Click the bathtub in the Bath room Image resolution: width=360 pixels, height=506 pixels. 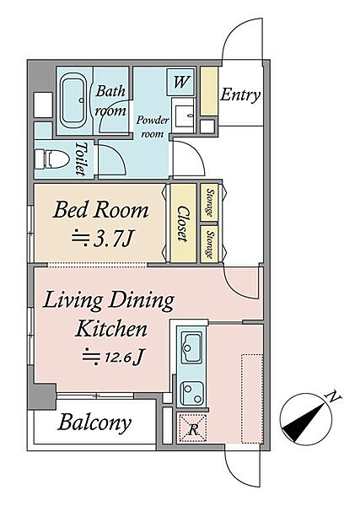click(74, 100)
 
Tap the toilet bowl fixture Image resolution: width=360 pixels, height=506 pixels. click(51, 159)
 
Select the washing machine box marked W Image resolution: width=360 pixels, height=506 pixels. click(181, 82)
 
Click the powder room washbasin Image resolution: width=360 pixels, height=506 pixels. click(184, 115)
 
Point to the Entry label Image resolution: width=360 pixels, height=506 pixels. click(240, 94)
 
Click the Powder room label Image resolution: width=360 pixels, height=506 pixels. click(153, 126)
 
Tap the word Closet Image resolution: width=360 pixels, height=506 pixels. click(183, 223)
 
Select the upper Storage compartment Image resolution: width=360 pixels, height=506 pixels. click(209, 202)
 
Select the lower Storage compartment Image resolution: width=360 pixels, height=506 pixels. click(209, 244)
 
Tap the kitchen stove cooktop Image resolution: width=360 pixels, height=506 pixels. click(191, 393)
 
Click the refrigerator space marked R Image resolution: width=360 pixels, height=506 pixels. click(193, 428)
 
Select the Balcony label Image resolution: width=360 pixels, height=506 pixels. click(94, 423)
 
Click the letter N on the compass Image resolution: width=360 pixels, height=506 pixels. click(333, 396)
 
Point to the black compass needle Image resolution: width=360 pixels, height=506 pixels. click(304, 419)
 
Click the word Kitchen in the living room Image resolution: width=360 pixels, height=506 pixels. click(111, 328)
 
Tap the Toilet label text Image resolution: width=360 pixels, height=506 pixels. click(81, 159)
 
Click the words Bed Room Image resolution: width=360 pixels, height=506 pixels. click(100, 210)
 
